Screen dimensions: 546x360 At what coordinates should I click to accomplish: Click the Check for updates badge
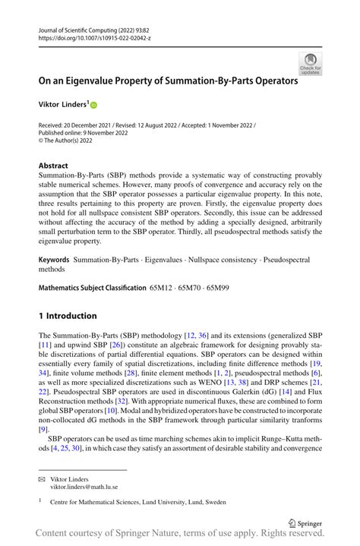pos(310,63)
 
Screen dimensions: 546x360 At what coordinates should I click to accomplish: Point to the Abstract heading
pos(53,166)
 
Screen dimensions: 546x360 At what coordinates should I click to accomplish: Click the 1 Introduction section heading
pos(68,315)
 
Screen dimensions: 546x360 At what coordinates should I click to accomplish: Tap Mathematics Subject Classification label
pos(93,289)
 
